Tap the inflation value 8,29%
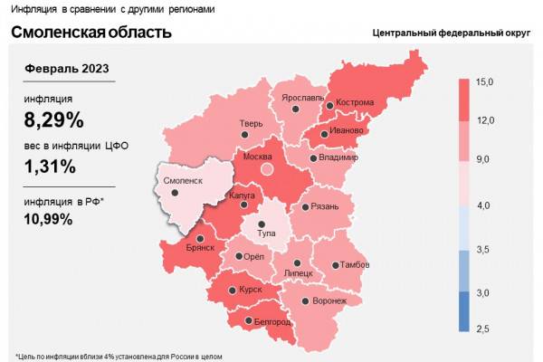(54, 119)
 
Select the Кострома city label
(354, 102)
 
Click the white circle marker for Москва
(266, 167)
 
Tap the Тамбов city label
(352, 265)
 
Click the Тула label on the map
(266, 233)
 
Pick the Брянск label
(200, 247)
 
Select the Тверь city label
(251, 124)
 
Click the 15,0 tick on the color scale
(484, 82)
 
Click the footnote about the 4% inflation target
(118, 356)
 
